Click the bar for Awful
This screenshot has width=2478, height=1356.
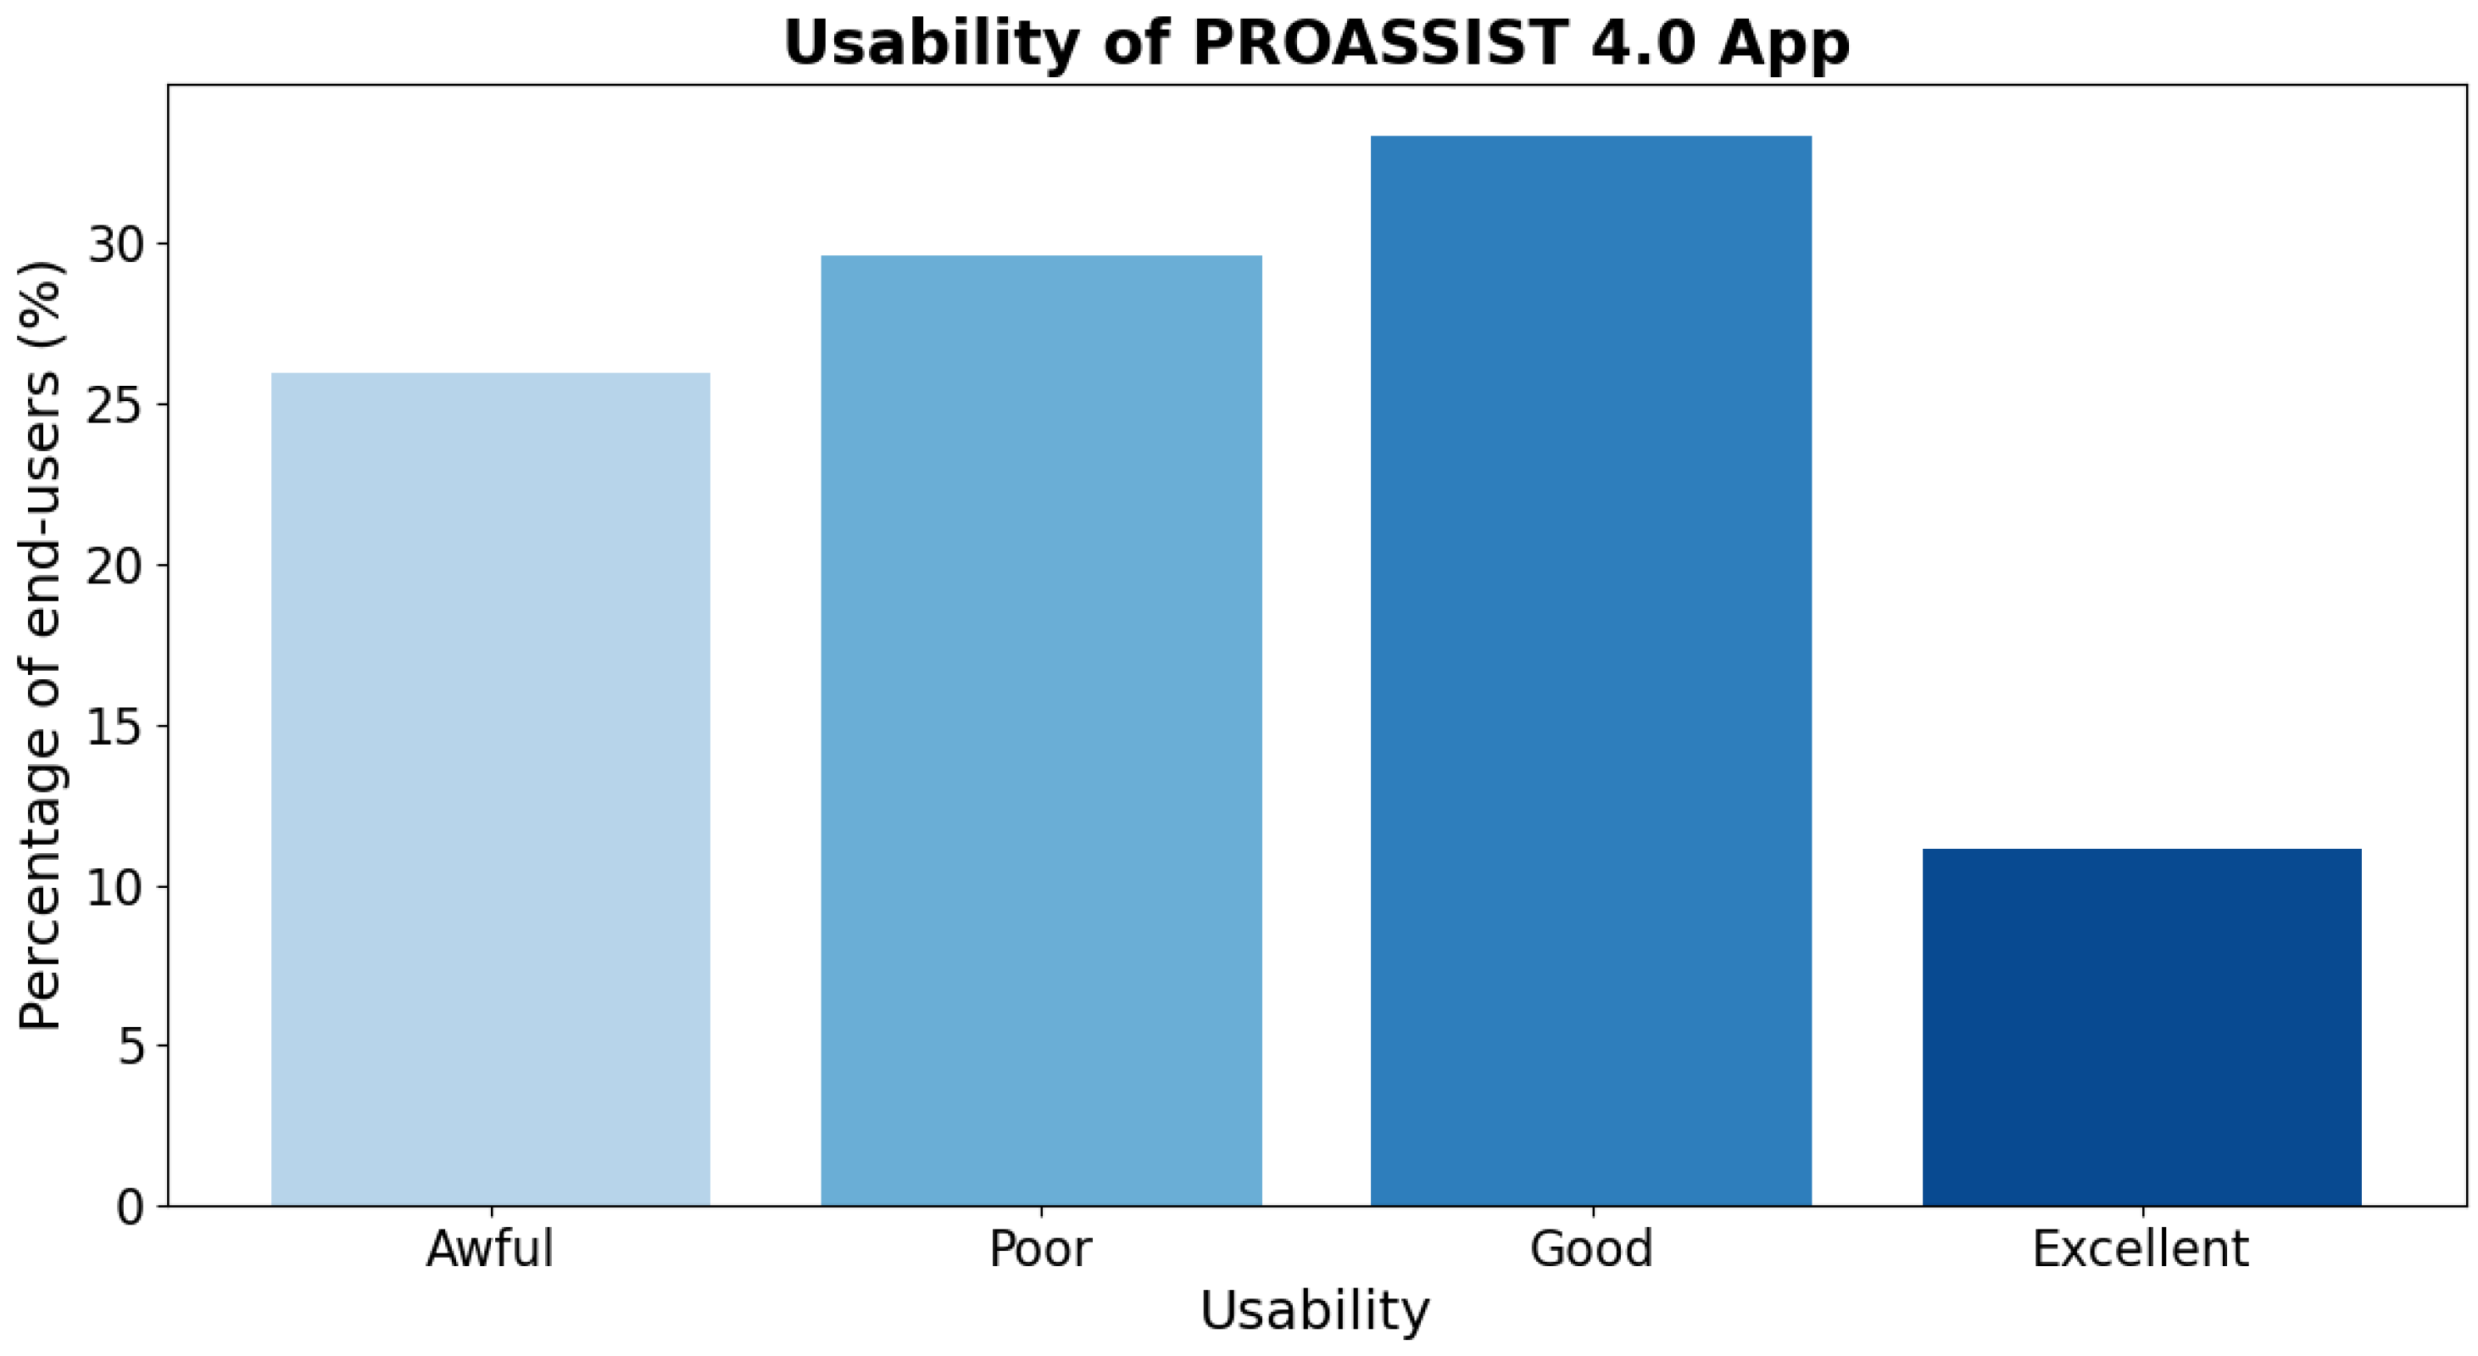pyautogui.click(x=491, y=790)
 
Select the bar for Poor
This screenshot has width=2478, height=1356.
pyautogui.click(x=1041, y=730)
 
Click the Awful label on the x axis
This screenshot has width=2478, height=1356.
pyautogui.click(x=491, y=1249)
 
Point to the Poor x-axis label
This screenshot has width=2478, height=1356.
pyautogui.click(x=1041, y=1249)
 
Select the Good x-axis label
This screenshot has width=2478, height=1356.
pyautogui.click(x=1591, y=1249)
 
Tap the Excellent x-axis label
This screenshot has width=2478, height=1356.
pyautogui.click(x=2141, y=1249)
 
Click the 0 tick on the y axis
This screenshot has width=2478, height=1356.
pyautogui.click(x=131, y=1207)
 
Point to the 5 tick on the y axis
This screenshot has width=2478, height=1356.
pyautogui.click(x=131, y=1046)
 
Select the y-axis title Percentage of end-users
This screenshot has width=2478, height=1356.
pyautogui.click(x=41, y=645)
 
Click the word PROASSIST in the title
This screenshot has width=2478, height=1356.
pyautogui.click(x=1379, y=43)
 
